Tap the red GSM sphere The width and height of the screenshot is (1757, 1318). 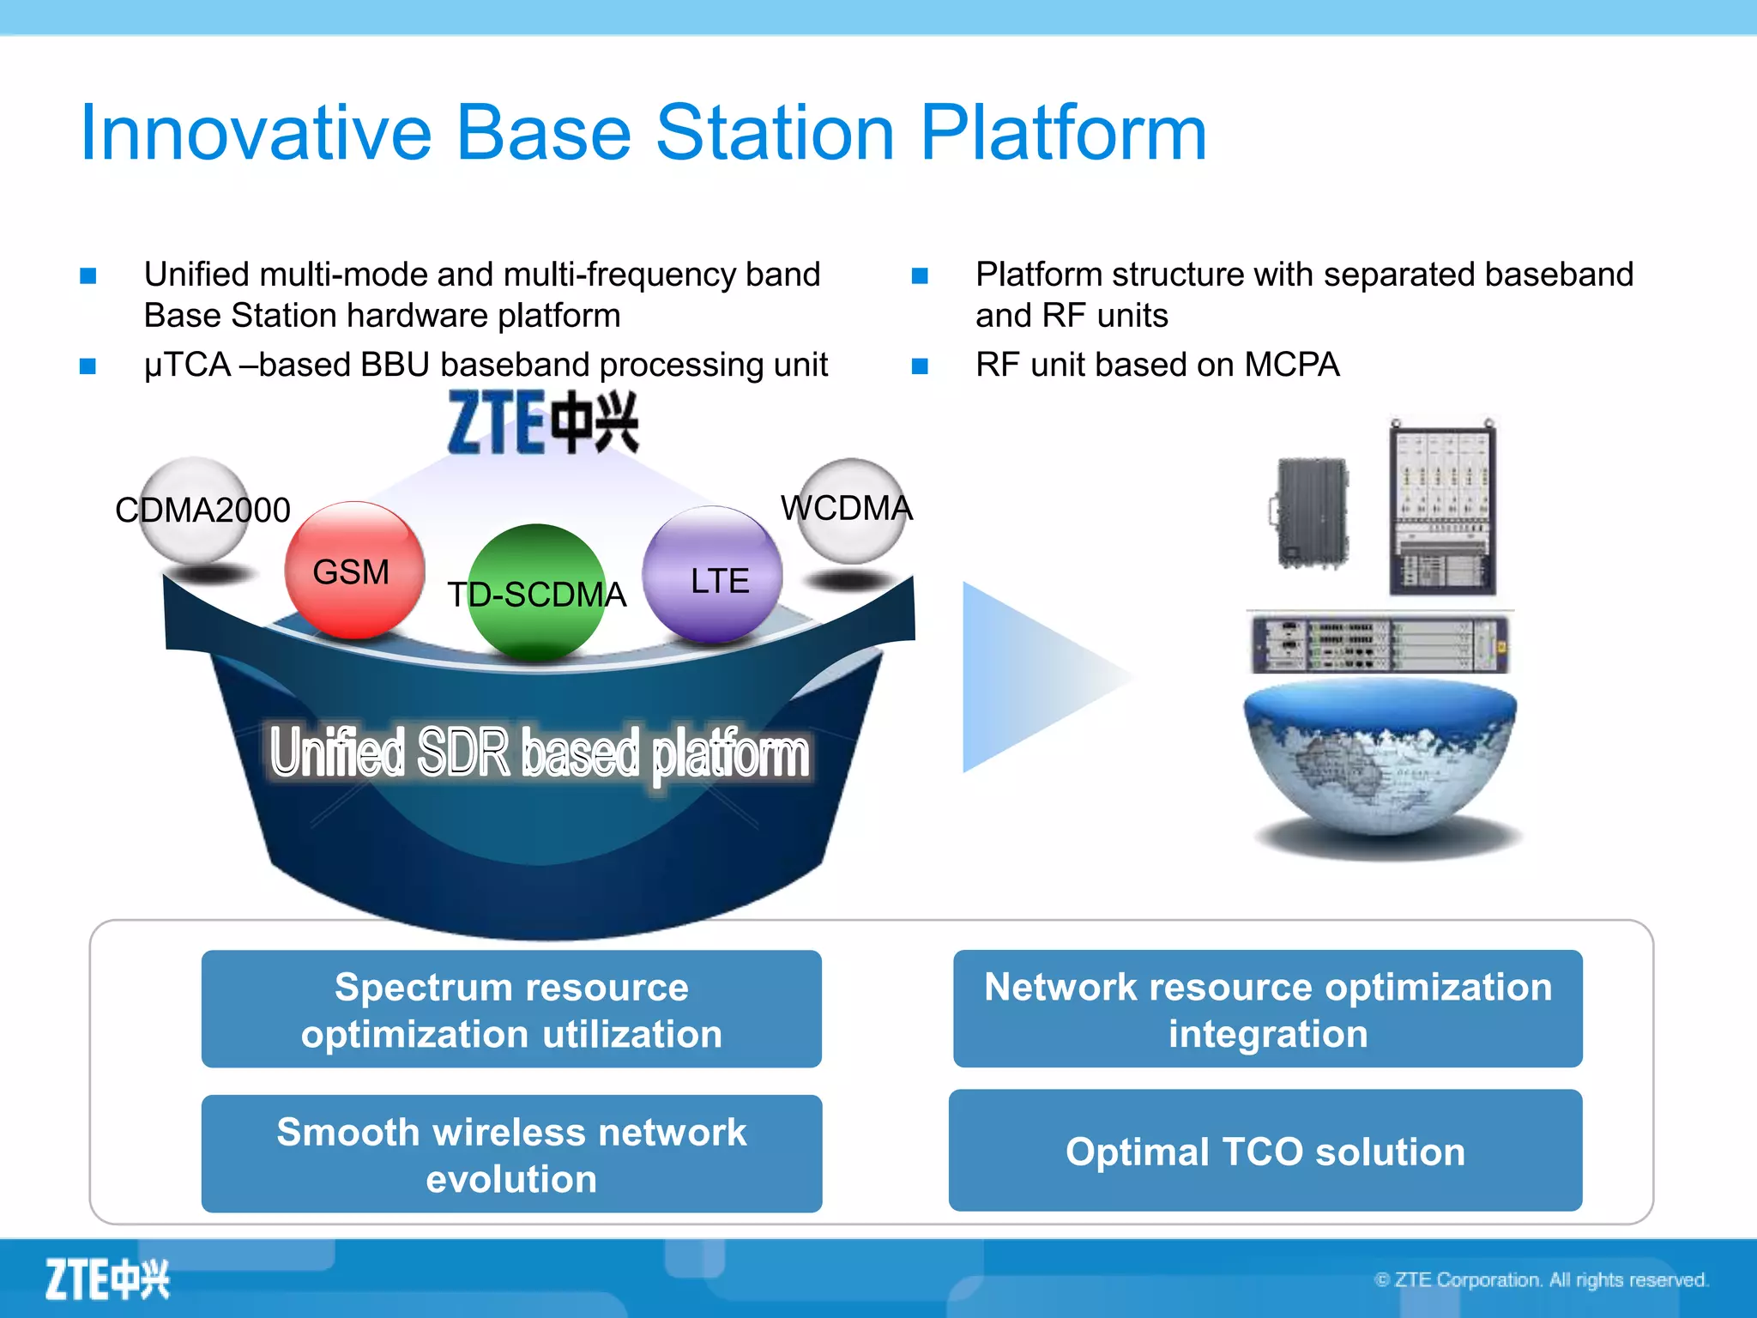click(354, 571)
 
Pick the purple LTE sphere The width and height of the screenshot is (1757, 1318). click(713, 575)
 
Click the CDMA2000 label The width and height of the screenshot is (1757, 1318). click(203, 510)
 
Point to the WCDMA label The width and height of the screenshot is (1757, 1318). click(846, 508)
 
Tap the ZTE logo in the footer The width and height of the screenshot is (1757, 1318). click(107, 1279)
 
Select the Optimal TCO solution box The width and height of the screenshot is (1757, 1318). click(1265, 1151)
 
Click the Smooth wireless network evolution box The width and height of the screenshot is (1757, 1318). click(511, 1154)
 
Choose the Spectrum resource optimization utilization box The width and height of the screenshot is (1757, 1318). click(511, 1009)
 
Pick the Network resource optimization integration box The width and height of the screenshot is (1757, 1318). click(1267, 1009)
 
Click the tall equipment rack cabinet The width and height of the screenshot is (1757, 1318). click(1443, 511)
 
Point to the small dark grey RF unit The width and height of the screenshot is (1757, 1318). click(1311, 513)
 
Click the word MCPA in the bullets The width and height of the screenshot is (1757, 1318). click(1291, 365)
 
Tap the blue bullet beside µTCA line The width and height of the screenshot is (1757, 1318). click(88, 366)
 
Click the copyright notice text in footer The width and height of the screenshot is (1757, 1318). click(1541, 1279)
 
